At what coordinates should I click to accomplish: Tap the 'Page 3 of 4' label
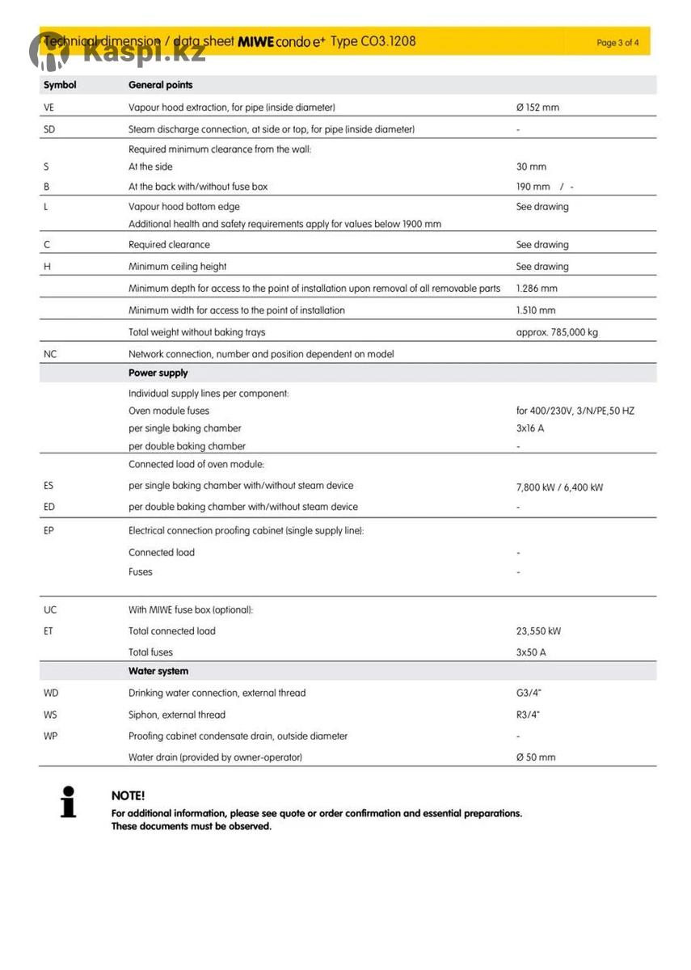pyautogui.click(x=617, y=43)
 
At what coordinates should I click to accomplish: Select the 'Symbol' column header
pyautogui.click(x=60, y=85)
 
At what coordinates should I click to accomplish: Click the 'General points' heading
pyautogui.click(x=160, y=85)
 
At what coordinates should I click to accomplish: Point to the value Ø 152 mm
pyautogui.click(x=537, y=108)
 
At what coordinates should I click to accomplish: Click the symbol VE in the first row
pyautogui.click(x=48, y=108)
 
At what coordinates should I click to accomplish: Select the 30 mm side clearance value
pyautogui.click(x=531, y=167)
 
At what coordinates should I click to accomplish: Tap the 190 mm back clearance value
pyautogui.click(x=533, y=187)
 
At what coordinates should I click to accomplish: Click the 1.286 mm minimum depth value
pyautogui.click(x=536, y=289)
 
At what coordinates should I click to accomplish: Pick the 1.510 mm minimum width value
pyautogui.click(x=536, y=310)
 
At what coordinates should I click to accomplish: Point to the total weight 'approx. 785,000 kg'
pyautogui.click(x=557, y=332)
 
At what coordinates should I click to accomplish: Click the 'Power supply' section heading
pyautogui.click(x=158, y=373)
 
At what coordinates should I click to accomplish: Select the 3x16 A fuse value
pyautogui.click(x=530, y=428)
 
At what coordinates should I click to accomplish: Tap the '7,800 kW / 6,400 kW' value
pyautogui.click(x=559, y=487)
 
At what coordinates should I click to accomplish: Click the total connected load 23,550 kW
pyautogui.click(x=538, y=631)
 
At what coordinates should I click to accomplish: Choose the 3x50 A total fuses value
pyautogui.click(x=531, y=652)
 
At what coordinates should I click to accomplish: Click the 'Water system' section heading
pyautogui.click(x=158, y=672)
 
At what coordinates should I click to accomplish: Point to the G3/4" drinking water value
pyautogui.click(x=528, y=694)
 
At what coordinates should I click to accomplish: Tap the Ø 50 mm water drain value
pyautogui.click(x=536, y=757)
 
